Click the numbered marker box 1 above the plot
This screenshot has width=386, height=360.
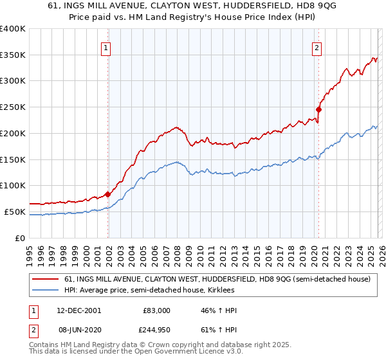105,47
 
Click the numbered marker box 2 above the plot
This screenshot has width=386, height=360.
317,47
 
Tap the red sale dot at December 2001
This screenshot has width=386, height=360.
108,194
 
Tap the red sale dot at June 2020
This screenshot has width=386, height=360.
318,109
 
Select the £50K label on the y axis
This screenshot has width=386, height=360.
15,212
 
